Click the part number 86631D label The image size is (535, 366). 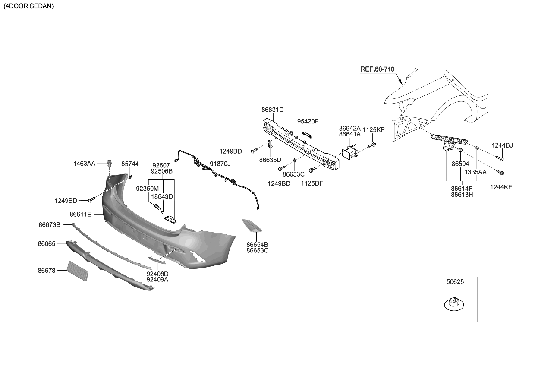(x=272, y=110)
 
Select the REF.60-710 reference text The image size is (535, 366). (x=378, y=69)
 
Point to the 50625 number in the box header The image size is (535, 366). (x=454, y=282)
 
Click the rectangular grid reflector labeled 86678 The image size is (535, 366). (x=78, y=271)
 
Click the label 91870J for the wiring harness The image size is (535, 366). (x=220, y=164)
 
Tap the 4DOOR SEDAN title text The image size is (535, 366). (x=28, y=6)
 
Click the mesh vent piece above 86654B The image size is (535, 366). (x=253, y=226)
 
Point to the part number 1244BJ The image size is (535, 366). (x=503, y=145)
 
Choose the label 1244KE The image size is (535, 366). (x=501, y=187)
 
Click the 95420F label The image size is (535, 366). (x=308, y=121)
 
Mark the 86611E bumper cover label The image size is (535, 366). (x=80, y=214)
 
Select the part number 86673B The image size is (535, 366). (x=49, y=224)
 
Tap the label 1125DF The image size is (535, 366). (x=312, y=183)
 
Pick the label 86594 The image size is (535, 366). (x=460, y=164)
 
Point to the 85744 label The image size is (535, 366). (x=130, y=164)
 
